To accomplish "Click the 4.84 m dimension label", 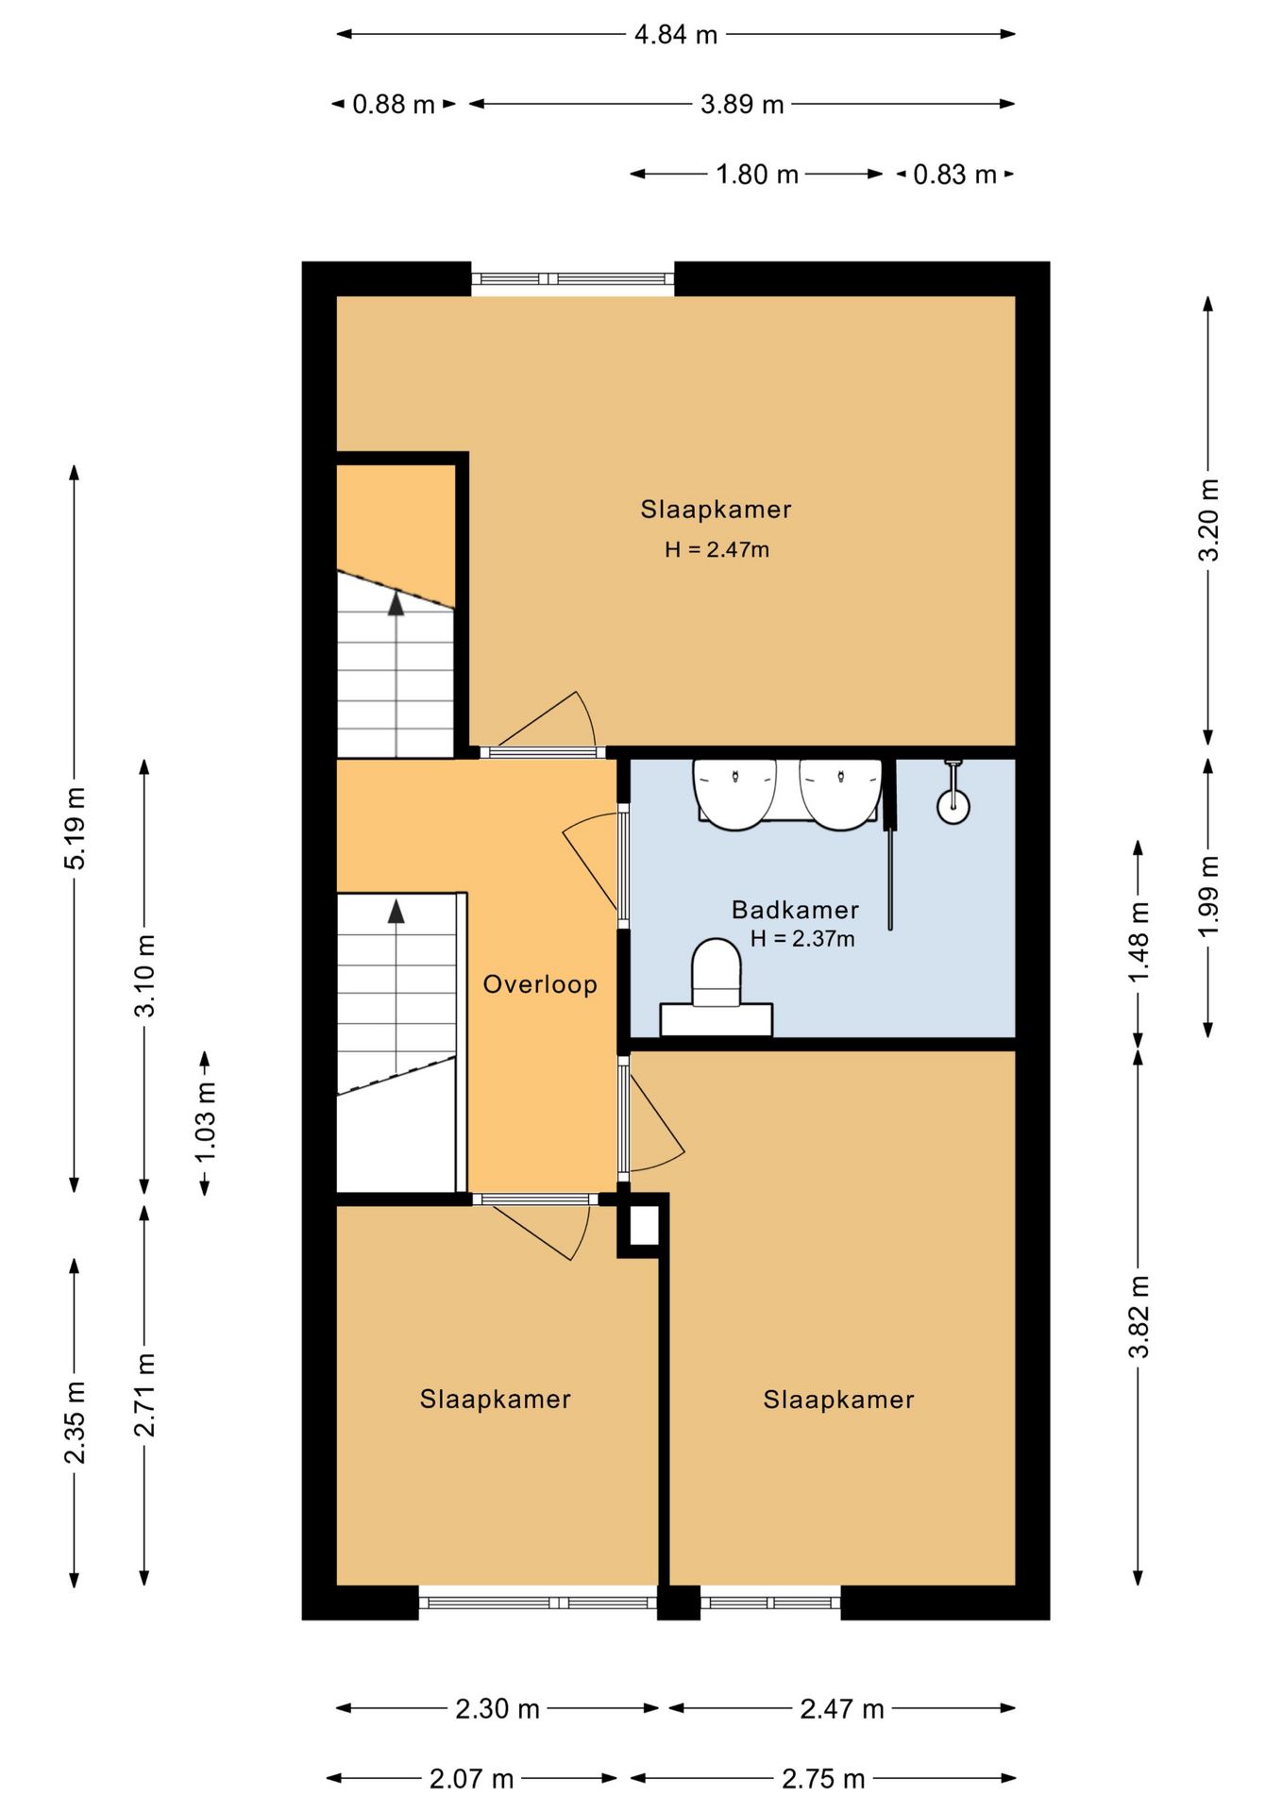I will tap(675, 35).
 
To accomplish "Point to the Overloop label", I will tap(540, 984).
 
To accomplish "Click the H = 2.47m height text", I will tap(717, 549).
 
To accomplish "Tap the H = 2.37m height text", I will tap(802, 938).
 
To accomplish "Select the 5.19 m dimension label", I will tap(75, 828).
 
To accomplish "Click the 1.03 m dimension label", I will tap(205, 1122).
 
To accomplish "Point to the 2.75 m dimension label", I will tap(823, 1779).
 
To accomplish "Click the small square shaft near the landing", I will tap(644, 1226).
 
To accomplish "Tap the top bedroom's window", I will tap(573, 278).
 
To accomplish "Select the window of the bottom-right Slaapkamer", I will tap(770, 1602).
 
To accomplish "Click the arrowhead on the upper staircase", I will tap(396, 604).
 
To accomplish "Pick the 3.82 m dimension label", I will tap(1139, 1317).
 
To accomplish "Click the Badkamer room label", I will tap(795, 910).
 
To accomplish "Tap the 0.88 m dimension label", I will tap(393, 104).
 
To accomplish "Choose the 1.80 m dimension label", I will tap(756, 175).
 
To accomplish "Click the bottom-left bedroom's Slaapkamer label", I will tap(495, 1399).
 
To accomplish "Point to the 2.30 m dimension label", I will tap(498, 1709).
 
